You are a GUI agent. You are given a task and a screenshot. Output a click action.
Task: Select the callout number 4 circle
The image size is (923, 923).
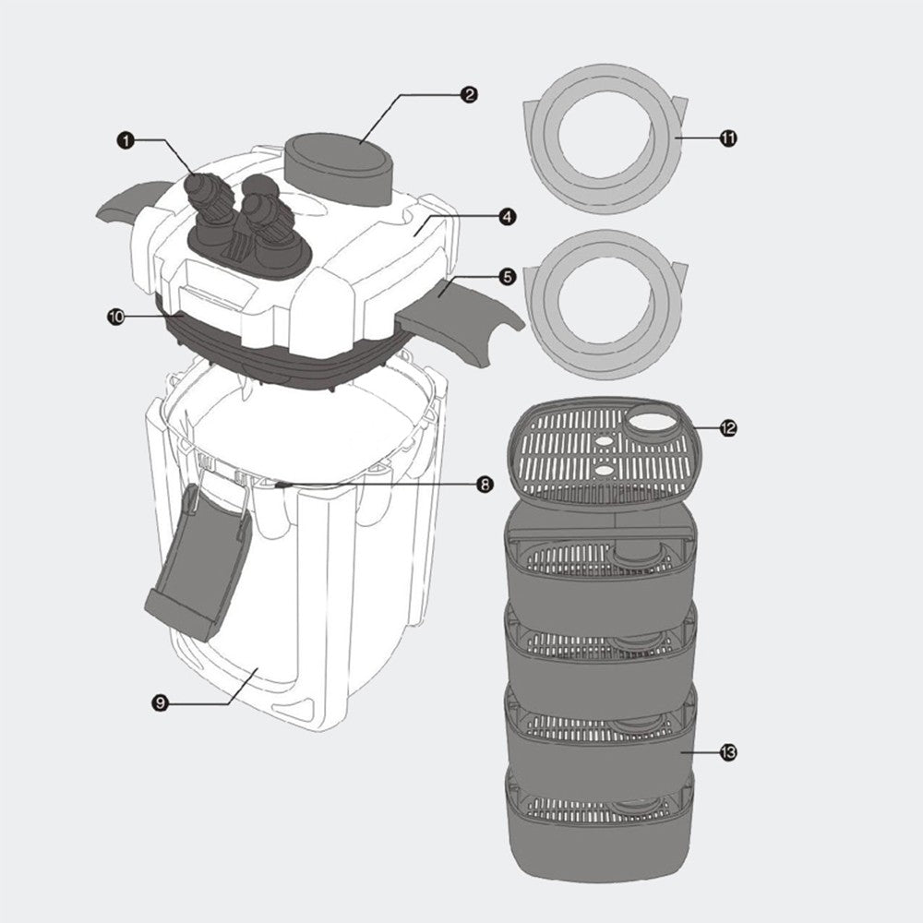coord(507,217)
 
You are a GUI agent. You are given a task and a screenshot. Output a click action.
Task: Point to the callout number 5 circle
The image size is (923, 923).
coord(507,276)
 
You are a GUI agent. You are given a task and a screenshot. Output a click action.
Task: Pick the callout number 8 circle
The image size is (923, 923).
coord(485,484)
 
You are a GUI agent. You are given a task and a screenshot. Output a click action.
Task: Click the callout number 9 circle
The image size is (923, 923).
coord(160,703)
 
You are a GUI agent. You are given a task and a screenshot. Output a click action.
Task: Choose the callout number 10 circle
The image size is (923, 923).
coord(116,316)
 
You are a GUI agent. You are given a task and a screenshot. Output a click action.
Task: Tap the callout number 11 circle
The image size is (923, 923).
coord(728,138)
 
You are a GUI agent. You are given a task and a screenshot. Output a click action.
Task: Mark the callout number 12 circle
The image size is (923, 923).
coord(728,428)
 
